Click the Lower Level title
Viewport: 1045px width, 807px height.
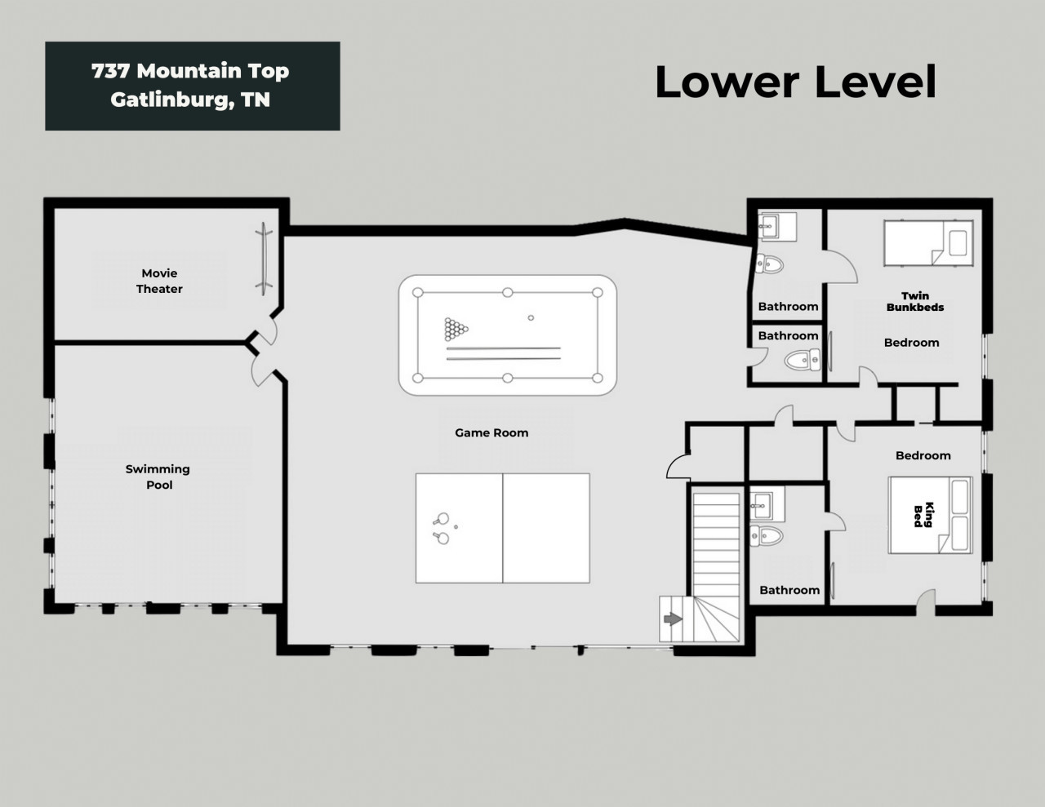[795, 82]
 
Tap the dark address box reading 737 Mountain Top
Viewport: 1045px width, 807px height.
[193, 86]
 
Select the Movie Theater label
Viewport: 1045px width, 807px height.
[159, 281]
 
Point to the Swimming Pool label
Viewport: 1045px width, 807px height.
[158, 477]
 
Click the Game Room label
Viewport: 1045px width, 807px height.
[491, 432]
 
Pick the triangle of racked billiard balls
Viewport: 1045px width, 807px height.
[456, 329]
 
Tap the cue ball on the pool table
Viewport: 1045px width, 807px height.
[531, 317]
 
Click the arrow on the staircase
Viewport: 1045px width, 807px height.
[673, 619]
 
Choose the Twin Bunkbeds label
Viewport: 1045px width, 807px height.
[915, 301]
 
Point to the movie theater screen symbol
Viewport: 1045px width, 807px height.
[264, 259]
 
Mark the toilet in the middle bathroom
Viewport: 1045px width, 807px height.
[803, 360]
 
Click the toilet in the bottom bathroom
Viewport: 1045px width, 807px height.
[767, 535]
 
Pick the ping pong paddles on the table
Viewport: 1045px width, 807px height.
[441, 528]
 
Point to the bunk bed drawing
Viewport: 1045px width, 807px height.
[928, 242]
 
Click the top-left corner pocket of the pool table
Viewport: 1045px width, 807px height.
[418, 293]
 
